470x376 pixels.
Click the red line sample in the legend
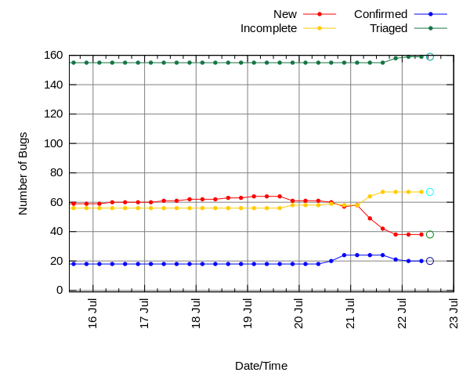[x=320, y=14]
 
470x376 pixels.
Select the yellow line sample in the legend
[x=320, y=28]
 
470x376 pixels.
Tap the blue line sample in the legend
[x=430, y=14]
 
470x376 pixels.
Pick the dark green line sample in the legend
[x=430, y=28]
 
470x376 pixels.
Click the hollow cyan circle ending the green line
[x=429, y=57]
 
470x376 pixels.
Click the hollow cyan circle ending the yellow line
[x=429, y=192]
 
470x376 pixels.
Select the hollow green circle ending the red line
[x=429, y=234]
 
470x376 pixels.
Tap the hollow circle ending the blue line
[x=429, y=261]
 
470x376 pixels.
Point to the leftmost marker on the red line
[x=74, y=204]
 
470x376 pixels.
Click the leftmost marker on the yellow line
[x=74, y=208]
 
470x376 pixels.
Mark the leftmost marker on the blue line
[x=74, y=263]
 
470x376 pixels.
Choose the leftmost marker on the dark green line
[x=74, y=63]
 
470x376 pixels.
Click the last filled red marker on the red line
[x=421, y=234]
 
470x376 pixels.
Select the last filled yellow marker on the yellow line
[x=421, y=192]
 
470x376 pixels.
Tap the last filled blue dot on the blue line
[x=421, y=261]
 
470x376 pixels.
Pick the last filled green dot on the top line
[x=421, y=57]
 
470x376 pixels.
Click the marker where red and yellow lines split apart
[x=357, y=205]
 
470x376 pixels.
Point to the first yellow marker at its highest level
[x=382, y=192]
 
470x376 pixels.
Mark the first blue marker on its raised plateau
[x=344, y=255]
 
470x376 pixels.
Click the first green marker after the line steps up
[x=396, y=59]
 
